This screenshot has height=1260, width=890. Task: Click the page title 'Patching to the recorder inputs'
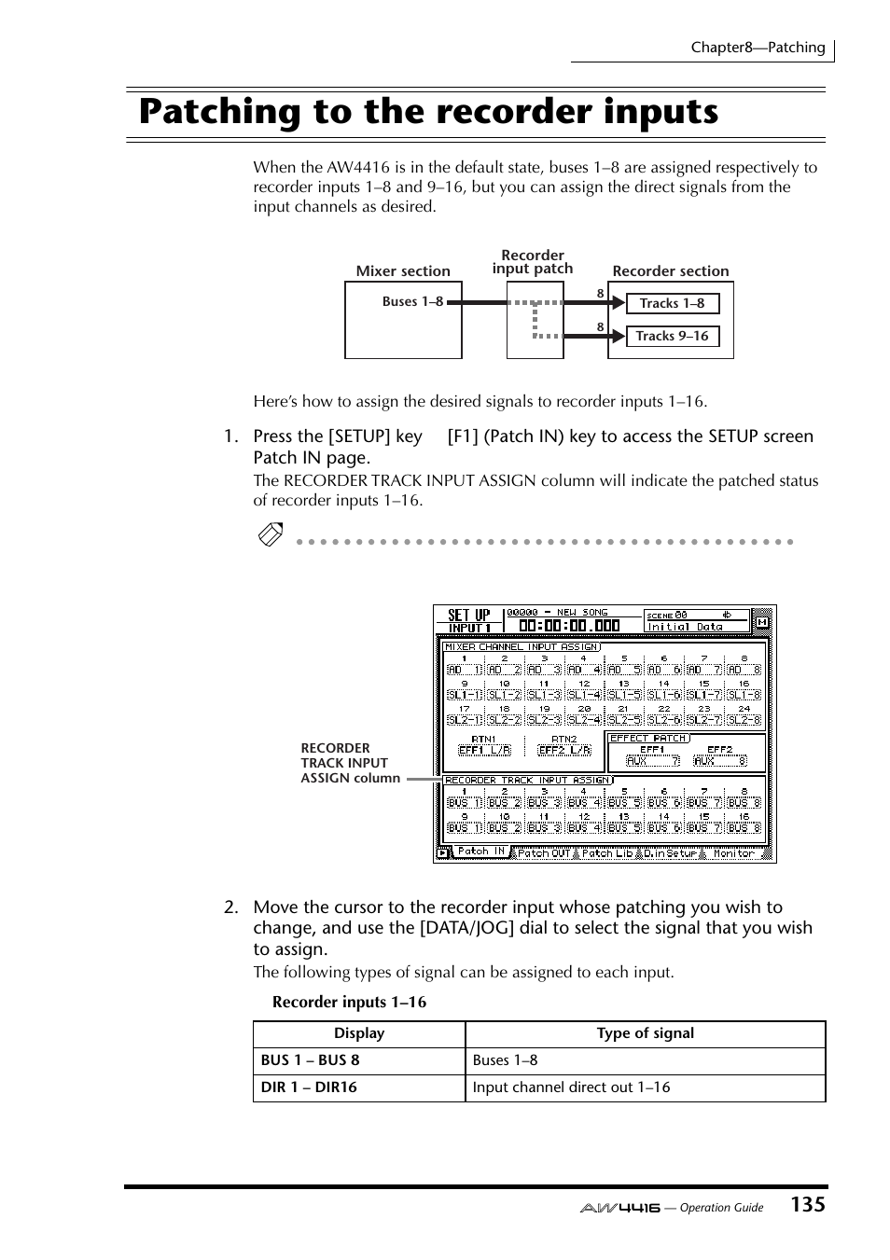428,112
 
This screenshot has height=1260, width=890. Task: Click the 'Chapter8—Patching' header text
758,48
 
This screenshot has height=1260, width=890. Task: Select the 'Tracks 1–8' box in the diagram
672,303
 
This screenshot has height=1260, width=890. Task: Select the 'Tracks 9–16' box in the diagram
672,336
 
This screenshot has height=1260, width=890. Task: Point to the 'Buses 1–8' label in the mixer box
412,301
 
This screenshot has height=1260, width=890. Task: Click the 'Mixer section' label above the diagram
403,271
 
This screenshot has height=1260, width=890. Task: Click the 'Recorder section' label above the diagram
670,271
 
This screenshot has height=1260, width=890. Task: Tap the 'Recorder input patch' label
533,262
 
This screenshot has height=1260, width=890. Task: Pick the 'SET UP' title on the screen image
468,616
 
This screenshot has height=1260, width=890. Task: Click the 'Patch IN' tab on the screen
480,852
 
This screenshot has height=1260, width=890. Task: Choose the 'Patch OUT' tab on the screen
543,852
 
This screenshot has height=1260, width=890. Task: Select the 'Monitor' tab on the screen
733,852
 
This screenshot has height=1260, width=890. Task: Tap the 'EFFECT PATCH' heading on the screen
648,738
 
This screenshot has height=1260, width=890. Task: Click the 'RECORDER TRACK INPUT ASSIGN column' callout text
350,763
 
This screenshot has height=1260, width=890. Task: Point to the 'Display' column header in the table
359,1033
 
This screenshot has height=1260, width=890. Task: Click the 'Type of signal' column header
645,1033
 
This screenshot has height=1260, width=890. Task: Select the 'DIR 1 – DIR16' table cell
309,1087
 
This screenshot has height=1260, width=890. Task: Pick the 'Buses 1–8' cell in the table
505,1060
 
